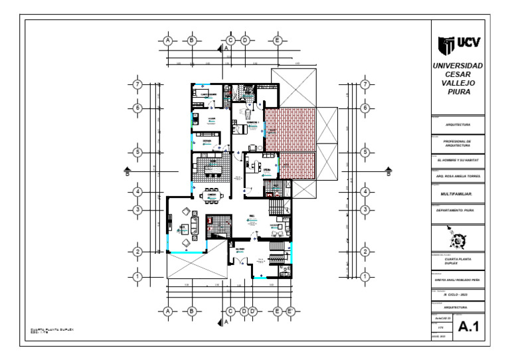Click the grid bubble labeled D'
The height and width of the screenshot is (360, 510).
pyautogui.click(x=253, y=310)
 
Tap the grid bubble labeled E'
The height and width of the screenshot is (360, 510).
pyautogui.click(x=290, y=310)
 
